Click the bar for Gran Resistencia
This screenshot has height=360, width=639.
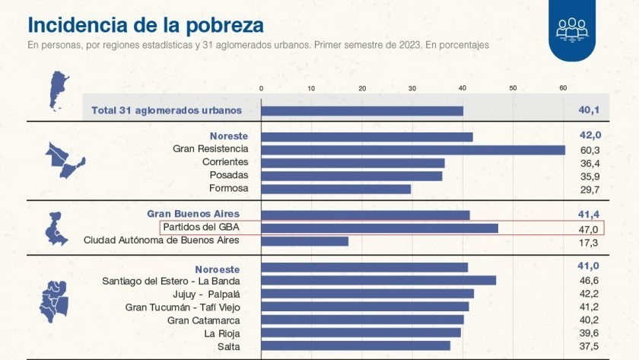tap(413, 150)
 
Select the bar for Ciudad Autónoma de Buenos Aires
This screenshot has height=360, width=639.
tap(304, 241)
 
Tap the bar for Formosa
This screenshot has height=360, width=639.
tap(335, 189)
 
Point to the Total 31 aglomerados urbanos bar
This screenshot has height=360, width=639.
tap(362, 110)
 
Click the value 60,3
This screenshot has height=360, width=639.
tap(590, 150)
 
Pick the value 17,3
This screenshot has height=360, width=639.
tap(590, 242)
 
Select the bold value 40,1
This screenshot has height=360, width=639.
tap(589, 110)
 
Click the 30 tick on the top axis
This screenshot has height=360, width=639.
tap(412, 88)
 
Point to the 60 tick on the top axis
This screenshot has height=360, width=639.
tap(563, 88)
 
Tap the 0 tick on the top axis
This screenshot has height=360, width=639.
tap(262, 88)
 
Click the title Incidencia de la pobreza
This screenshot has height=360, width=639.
tap(146, 25)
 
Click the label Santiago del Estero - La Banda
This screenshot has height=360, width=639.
tap(170, 281)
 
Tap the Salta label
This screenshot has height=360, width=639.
tap(226, 346)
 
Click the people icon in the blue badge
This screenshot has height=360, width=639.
tap(571, 27)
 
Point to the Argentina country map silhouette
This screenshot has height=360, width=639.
tap(58, 91)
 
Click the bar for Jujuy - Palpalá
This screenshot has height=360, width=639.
tap(367, 294)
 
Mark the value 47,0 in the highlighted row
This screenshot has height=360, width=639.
tap(590, 229)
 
